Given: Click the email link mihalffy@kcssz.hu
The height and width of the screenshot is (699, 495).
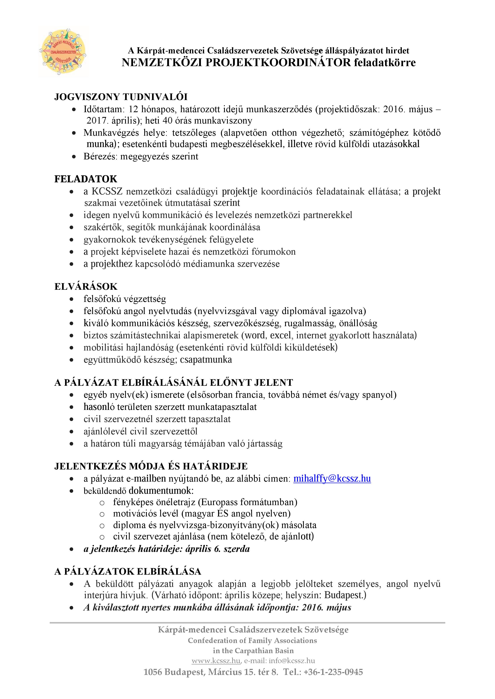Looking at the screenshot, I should tap(332, 479).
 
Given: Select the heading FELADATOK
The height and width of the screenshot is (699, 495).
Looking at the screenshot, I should tap(86, 179).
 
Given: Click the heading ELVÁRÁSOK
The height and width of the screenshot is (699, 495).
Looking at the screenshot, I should tap(86, 287).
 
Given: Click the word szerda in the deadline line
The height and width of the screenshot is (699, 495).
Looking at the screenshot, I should tap(237, 549).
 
